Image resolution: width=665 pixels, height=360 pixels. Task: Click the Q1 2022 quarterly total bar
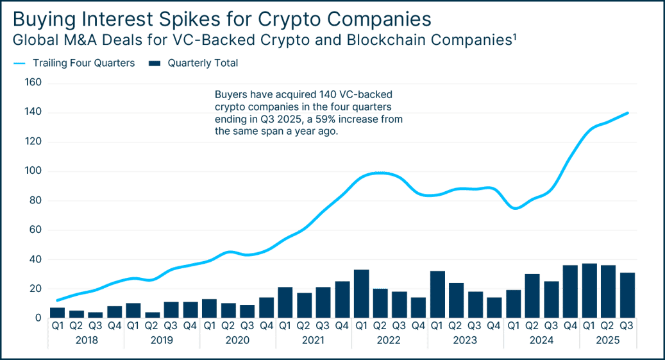(361, 294)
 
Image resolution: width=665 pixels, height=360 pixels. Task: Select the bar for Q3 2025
(627, 295)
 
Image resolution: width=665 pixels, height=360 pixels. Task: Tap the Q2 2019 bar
(152, 315)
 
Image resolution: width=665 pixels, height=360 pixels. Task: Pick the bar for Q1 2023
(437, 294)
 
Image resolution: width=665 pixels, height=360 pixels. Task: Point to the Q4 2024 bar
(571, 291)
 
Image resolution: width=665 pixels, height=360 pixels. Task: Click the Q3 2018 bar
(96, 315)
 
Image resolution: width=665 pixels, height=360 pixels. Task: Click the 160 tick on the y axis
(33, 82)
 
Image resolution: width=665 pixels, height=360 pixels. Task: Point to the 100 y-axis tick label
(33, 171)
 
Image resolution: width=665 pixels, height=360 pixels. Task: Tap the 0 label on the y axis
(38, 318)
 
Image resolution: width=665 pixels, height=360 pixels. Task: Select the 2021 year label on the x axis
(313, 340)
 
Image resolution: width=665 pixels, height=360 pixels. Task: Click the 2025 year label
(608, 340)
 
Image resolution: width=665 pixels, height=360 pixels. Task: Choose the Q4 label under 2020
(266, 325)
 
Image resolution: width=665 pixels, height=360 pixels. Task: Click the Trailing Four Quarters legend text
(84, 63)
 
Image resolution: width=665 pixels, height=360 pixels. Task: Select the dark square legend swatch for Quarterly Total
(155, 64)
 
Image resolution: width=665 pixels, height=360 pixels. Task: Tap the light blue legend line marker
(19, 64)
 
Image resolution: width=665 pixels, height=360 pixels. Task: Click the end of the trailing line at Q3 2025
(628, 113)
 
